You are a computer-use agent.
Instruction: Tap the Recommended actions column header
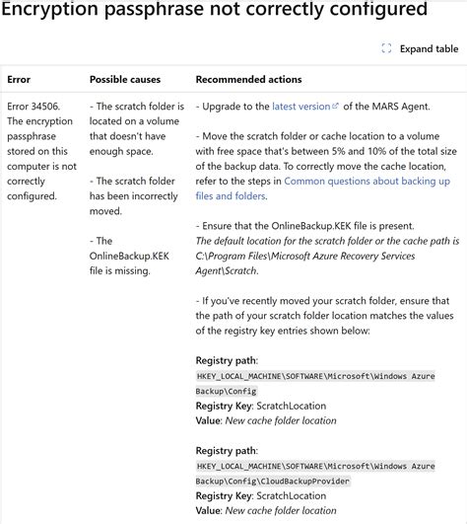point(248,79)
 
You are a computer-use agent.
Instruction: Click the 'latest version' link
point(301,107)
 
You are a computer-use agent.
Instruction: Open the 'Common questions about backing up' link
point(367,182)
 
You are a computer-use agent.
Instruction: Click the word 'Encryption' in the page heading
point(50,11)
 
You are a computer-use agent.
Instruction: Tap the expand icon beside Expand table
point(387,48)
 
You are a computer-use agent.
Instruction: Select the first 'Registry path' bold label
point(227,361)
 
